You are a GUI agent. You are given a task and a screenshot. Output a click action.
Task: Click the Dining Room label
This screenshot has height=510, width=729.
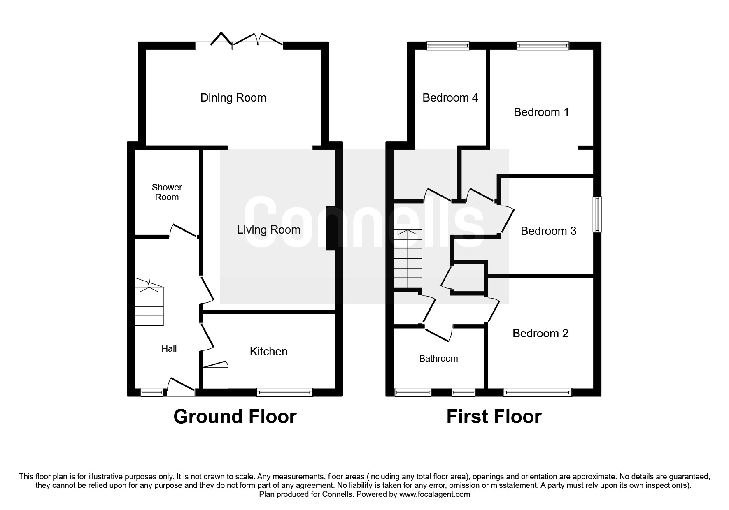click(x=233, y=98)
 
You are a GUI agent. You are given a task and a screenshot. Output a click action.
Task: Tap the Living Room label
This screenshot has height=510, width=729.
click(x=268, y=230)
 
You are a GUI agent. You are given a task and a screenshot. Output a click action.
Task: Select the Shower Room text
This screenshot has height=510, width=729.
click(x=167, y=192)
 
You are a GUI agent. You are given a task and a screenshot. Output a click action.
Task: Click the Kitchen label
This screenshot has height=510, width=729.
click(x=268, y=352)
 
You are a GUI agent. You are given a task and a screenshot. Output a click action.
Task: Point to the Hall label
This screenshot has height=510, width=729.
click(x=169, y=349)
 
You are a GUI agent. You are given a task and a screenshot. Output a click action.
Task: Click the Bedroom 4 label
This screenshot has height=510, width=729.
click(x=450, y=98)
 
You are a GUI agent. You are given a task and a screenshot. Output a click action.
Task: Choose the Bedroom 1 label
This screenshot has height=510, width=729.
click(x=541, y=112)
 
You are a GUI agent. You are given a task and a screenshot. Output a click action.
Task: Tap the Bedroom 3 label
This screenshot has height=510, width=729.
click(x=548, y=231)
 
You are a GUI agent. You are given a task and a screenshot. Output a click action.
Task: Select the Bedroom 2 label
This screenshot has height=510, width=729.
click(x=540, y=334)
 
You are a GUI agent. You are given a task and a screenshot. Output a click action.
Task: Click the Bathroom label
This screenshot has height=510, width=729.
click(x=438, y=359)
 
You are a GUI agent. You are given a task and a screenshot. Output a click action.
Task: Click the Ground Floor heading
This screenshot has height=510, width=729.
click(x=235, y=417)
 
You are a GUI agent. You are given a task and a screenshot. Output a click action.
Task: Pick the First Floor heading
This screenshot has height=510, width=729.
click(x=494, y=417)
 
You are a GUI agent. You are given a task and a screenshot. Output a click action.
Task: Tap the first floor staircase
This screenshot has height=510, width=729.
click(x=408, y=259)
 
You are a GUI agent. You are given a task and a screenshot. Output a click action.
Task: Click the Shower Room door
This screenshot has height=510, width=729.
click(x=184, y=230)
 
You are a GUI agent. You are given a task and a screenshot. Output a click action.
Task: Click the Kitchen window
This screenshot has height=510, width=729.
click(x=284, y=392)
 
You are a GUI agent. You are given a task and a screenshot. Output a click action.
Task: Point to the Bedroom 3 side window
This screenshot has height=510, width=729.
click(x=596, y=214)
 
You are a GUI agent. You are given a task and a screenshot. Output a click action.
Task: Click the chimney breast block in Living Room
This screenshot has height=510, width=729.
click(x=331, y=228)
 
